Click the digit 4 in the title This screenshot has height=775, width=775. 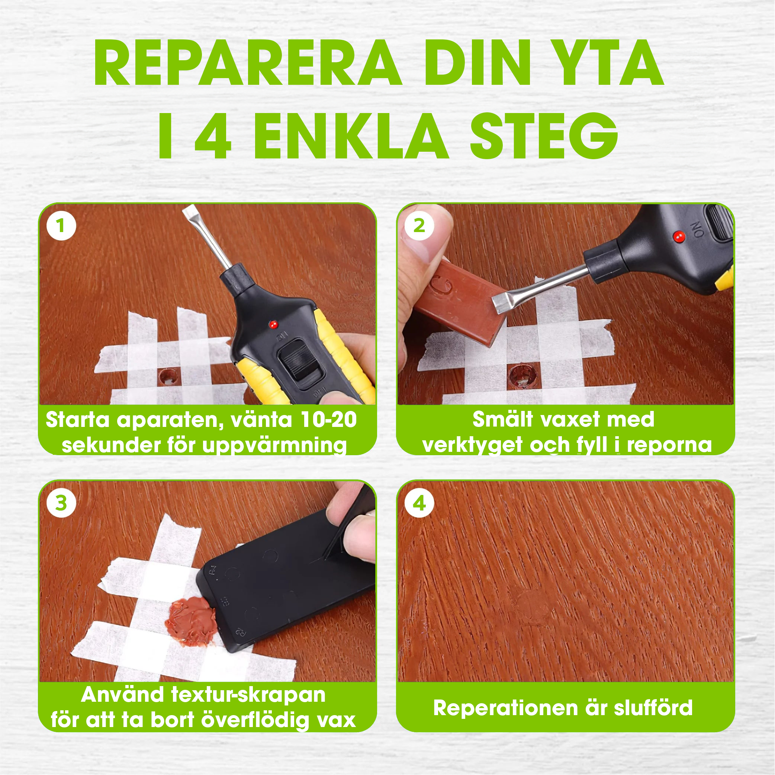coord(213,137)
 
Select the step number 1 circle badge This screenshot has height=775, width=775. coord(61,225)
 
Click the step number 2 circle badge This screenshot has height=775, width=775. coord(419,225)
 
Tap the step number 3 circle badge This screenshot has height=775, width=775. coord(61,503)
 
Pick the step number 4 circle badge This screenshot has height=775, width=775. coord(419,503)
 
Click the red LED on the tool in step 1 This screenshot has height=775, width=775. coord(273,324)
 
